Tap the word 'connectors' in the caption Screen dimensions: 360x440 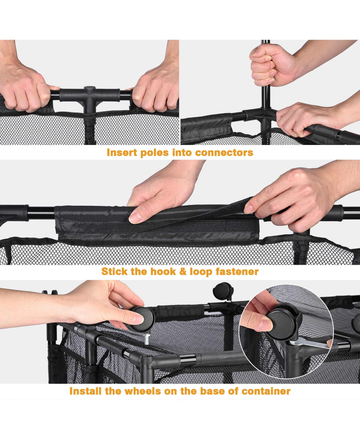pyautogui.click(x=224, y=153)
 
